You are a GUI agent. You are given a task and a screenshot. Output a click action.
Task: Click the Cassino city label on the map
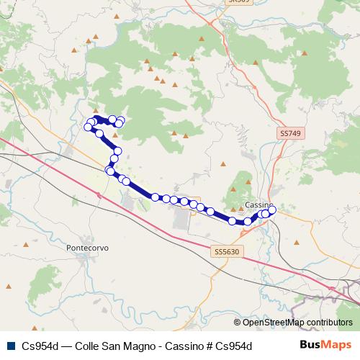(257, 205)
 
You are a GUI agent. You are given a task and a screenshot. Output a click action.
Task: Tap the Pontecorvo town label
(86, 248)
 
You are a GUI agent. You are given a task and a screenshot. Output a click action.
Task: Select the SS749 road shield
(289, 134)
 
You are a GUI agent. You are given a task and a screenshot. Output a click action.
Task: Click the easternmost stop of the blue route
(272, 210)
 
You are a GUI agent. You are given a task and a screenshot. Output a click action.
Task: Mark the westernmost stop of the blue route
(89, 127)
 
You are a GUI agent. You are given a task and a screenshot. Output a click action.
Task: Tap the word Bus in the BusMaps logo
(310, 345)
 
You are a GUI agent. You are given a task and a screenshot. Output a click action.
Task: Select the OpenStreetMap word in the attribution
(272, 323)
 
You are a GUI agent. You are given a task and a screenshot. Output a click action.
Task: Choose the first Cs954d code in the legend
(40, 345)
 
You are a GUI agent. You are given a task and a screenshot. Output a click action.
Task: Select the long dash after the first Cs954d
(66, 345)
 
